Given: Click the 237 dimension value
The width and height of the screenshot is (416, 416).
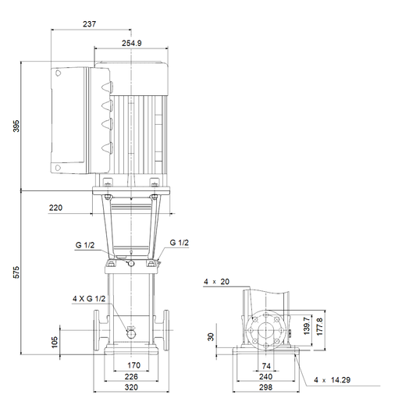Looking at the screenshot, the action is [x=89, y=24].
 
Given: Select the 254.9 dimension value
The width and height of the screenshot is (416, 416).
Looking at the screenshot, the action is [x=132, y=43].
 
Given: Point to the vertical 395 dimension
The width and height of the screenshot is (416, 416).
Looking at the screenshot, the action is [x=16, y=126].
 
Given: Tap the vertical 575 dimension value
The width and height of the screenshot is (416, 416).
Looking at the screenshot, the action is [x=16, y=272].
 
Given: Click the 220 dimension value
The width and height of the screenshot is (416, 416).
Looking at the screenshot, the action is [x=55, y=208].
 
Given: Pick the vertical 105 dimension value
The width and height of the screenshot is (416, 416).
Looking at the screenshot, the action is [x=55, y=343].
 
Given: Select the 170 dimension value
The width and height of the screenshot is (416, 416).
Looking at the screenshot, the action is [x=133, y=365].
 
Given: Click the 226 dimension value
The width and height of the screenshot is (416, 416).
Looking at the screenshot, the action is [x=131, y=377].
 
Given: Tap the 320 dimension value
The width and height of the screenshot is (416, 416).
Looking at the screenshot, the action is [x=131, y=387].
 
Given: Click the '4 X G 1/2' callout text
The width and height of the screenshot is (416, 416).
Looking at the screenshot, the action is [x=89, y=299].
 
